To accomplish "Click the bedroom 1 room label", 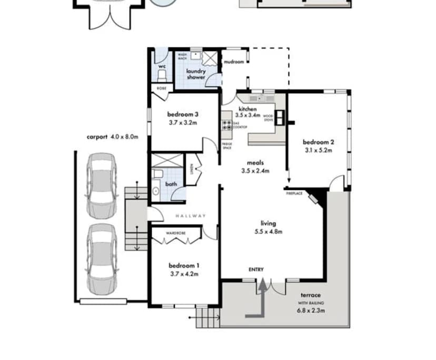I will [183, 265].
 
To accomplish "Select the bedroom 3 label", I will [183, 114].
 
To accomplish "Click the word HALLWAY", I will [191, 216].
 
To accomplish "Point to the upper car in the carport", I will [101, 185].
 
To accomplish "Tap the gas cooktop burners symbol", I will [227, 125].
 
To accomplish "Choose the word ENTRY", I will [256, 269].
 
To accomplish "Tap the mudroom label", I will [234, 62].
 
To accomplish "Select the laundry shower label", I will [195, 74].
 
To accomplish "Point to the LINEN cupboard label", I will [192, 168].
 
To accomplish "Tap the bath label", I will [171, 184].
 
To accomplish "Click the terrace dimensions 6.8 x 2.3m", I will [311, 311].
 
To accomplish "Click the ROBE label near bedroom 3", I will [162, 88].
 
